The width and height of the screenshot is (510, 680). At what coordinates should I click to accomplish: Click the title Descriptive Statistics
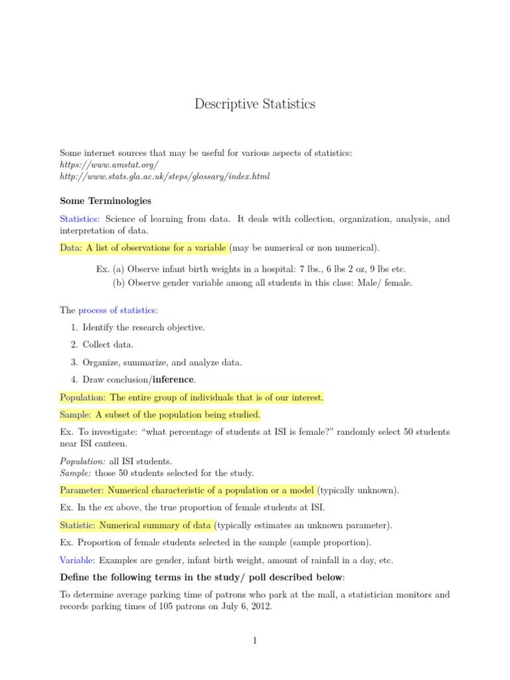coord(255,104)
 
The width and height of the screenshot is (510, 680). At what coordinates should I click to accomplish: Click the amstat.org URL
coord(110,165)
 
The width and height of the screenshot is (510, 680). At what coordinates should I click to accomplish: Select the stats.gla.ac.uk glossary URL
coord(165,177)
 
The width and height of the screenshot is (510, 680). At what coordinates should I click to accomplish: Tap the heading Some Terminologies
coord(106,201)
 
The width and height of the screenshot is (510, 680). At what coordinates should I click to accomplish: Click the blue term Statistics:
coord(80,218)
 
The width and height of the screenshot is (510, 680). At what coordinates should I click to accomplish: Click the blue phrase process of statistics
coord(117,310)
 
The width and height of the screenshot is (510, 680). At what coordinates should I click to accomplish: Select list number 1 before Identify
coord(73,327)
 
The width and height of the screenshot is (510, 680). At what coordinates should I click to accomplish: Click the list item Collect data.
coord(108,345)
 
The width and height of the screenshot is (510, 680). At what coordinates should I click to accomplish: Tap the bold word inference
coord(173,379)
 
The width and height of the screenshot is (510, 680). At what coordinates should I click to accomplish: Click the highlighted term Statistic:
coord(79,525)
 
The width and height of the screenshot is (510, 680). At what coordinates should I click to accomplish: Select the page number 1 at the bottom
coord(255,641)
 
